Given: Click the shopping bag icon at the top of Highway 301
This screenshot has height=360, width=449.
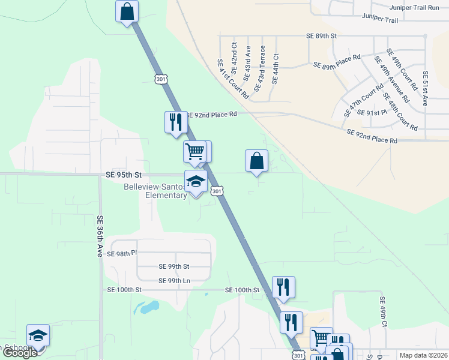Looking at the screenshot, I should [x=127, y=11].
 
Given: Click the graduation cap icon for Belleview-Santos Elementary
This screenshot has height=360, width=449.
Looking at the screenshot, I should [x=196, y=181].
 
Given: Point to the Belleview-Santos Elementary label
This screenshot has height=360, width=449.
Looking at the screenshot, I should [x=155, y=191].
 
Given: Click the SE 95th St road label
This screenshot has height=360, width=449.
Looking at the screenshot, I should [x=123, y=175].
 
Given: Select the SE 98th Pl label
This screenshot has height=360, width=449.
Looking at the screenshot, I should [x=122, y=254].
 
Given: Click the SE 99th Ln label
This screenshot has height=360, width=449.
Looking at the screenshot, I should [x=174, y=280].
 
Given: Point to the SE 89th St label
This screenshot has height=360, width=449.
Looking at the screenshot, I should [x=322, y=36].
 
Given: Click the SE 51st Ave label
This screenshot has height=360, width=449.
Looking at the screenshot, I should [x=425, y=88].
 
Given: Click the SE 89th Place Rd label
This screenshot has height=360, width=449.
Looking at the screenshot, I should [x=336, y=61].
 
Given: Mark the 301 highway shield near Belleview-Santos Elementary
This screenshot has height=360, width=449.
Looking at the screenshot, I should [x=218, y=191].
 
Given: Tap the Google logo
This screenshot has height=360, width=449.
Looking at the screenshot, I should [x=19, y=353].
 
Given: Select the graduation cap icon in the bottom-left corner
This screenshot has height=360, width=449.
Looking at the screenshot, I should [x=38, y=335].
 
